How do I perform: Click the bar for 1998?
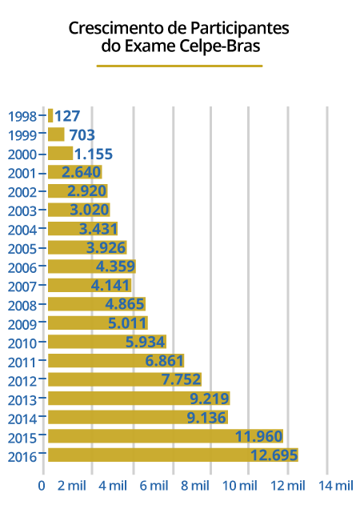(50, 116)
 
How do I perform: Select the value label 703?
(82, 135)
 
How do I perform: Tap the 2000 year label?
(22, 154)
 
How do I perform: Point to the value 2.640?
(81, 172)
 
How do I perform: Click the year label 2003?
(22, 211)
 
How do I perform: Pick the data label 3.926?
(106, 247)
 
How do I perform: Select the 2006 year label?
(22, 268)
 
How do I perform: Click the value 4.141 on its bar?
(110, 285)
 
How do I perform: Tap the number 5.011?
(127, 323)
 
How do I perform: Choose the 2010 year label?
(22, 343)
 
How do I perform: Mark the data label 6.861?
(164, 361)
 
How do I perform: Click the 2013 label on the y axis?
(22, 400)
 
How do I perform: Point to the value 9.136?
(206, 418)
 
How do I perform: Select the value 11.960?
(258, 436)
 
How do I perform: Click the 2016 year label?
(22, 457)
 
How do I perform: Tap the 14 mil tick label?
(336, 486)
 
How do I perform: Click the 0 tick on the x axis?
(42, 486)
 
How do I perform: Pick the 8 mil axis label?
(195, 486)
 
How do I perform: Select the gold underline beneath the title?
(180, 66)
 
